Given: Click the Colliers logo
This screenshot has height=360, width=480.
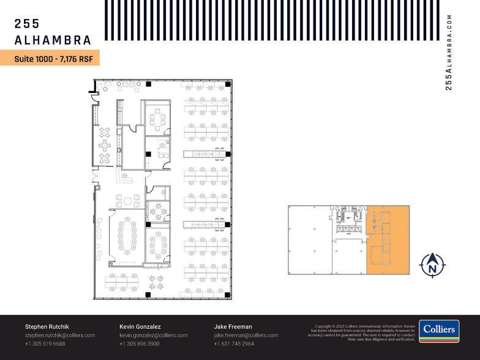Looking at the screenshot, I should [x=439, y=331].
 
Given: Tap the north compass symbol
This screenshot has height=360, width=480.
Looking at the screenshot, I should [x=432, y=264].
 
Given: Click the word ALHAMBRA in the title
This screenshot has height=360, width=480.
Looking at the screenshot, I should [x=53, y=40].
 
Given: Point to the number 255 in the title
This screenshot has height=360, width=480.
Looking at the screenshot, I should [x=27, y=24].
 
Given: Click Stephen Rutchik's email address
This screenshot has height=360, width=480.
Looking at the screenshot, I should [x=60, y=336].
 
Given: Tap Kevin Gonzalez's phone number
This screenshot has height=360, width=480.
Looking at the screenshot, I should [x=139, y=344].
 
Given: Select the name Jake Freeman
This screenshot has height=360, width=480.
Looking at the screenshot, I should [x=233, y=326].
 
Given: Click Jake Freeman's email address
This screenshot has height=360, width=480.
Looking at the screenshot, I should [x=246, y=336].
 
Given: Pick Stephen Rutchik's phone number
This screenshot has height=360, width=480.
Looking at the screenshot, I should [x=45, y=344].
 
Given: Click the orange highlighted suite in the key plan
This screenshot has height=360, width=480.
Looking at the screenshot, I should [x=388, y=240].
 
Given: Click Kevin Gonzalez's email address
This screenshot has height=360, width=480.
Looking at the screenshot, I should [x=153, y=336].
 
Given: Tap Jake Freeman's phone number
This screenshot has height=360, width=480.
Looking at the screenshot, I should [x=233, y=344].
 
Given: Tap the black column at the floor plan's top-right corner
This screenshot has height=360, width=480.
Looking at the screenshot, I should [x=227, y=84].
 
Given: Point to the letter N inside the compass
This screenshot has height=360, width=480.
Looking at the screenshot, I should [x=432, y=267].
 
